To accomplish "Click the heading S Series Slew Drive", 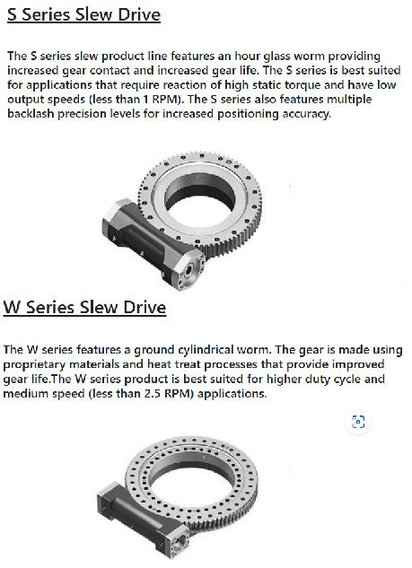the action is pos(83,15).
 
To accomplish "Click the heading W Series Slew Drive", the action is pos(84,308).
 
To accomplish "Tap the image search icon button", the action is pos(358,422).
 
